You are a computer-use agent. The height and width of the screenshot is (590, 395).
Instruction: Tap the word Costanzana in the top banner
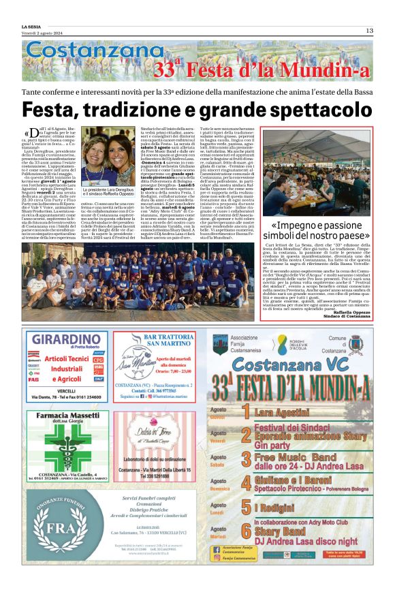click(x=84, y=52)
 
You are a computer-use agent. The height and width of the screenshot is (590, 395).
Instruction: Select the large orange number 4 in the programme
click(x=247, y=482)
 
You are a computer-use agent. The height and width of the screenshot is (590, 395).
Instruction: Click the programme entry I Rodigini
click(x=274, y=508)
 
